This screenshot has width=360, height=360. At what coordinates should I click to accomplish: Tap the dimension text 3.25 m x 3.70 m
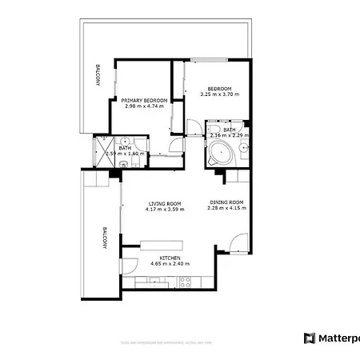[218, 94]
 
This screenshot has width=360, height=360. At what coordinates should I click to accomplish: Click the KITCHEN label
[170, 258]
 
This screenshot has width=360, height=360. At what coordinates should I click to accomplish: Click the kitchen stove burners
[184, 281]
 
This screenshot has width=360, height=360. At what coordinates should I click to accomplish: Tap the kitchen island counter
[161, 243]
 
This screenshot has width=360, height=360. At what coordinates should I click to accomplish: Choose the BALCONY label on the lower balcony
[104, 238]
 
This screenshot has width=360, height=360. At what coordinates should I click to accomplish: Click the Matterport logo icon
[310, 338]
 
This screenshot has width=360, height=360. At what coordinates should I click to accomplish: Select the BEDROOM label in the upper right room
[218, 89]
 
